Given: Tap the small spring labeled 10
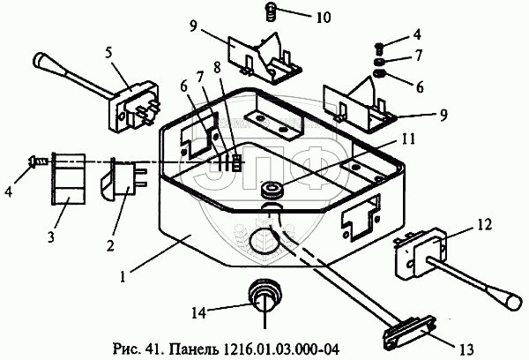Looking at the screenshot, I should pos(272,11).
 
